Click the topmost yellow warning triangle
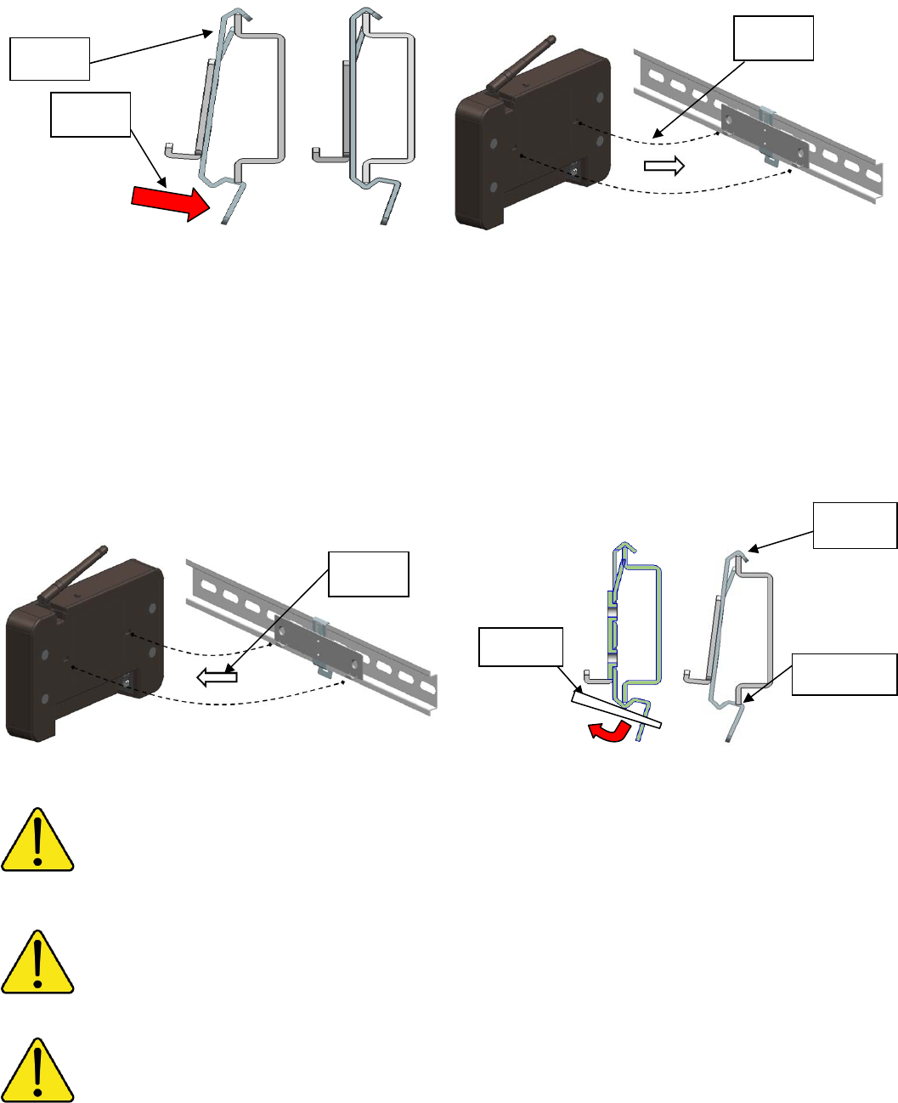[x=37, y=840]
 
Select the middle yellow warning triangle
[x=37, y=962]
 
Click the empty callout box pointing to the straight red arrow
[x=90, y=115]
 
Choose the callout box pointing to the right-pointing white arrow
[x=773, y=39]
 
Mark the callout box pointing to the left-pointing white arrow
[x=369, y=574]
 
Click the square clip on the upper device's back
[x=578, y=171]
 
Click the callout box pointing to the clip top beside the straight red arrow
[x=49, y=59]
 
